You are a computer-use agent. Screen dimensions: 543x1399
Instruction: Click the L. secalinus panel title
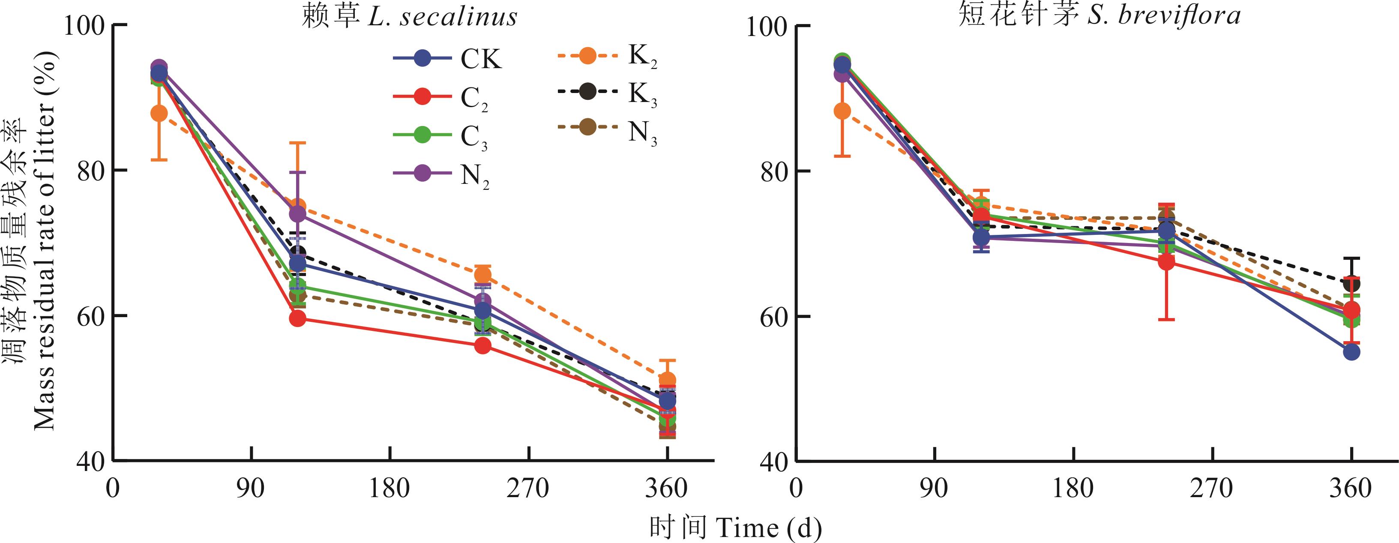tap(410, 16)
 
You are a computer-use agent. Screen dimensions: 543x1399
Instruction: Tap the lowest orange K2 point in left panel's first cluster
tap(159, 114)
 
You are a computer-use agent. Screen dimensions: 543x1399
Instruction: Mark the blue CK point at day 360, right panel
tap(1352, 352)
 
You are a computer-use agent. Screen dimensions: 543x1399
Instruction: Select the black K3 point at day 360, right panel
tap(1352, 283)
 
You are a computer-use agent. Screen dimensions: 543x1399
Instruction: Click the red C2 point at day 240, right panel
tap(1167, 262)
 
